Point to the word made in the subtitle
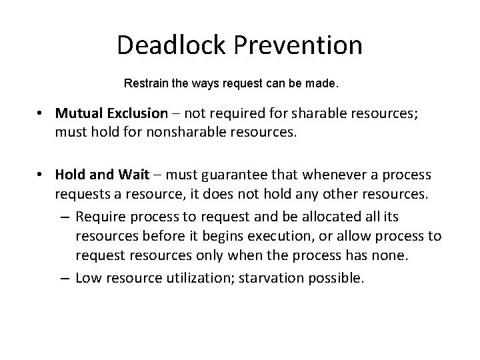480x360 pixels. pos(323,85)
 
